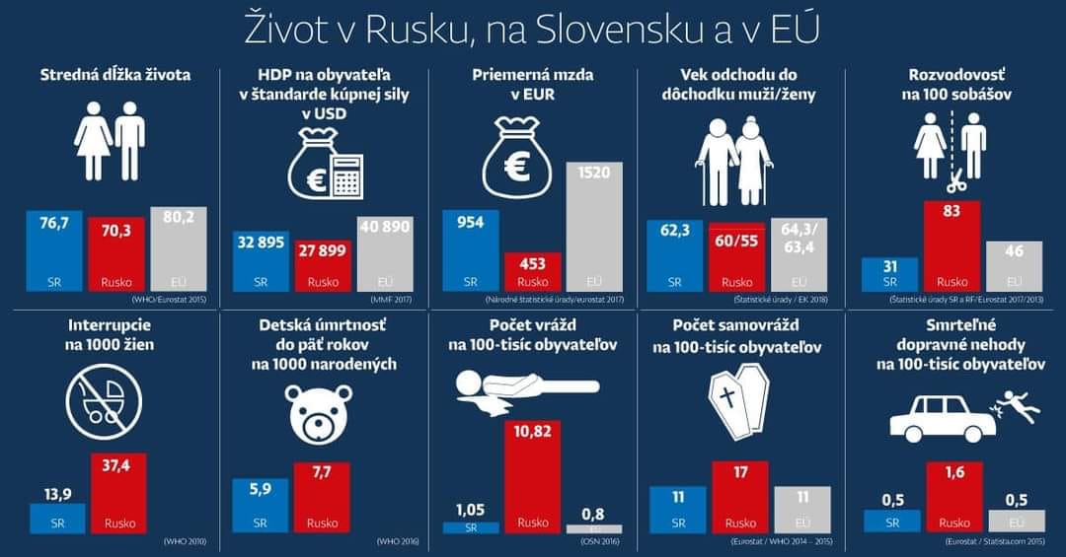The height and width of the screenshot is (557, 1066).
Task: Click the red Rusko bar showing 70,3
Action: coord(116,253)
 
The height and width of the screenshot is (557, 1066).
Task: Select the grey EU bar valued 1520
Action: coord(594,226)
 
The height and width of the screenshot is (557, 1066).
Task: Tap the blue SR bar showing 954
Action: coord(471,250)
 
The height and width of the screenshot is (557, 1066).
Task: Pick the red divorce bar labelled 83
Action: coord(952,245)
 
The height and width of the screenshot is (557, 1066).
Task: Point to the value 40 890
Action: coord(385,225)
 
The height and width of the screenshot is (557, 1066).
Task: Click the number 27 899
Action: coord(322,250)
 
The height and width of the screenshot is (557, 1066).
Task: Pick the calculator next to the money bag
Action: coord(345,174)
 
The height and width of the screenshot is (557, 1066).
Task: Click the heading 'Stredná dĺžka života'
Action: coord(114,75)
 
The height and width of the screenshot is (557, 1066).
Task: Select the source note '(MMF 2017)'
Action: coord(392,299)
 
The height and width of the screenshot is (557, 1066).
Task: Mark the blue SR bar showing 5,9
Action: coord(260,506)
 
